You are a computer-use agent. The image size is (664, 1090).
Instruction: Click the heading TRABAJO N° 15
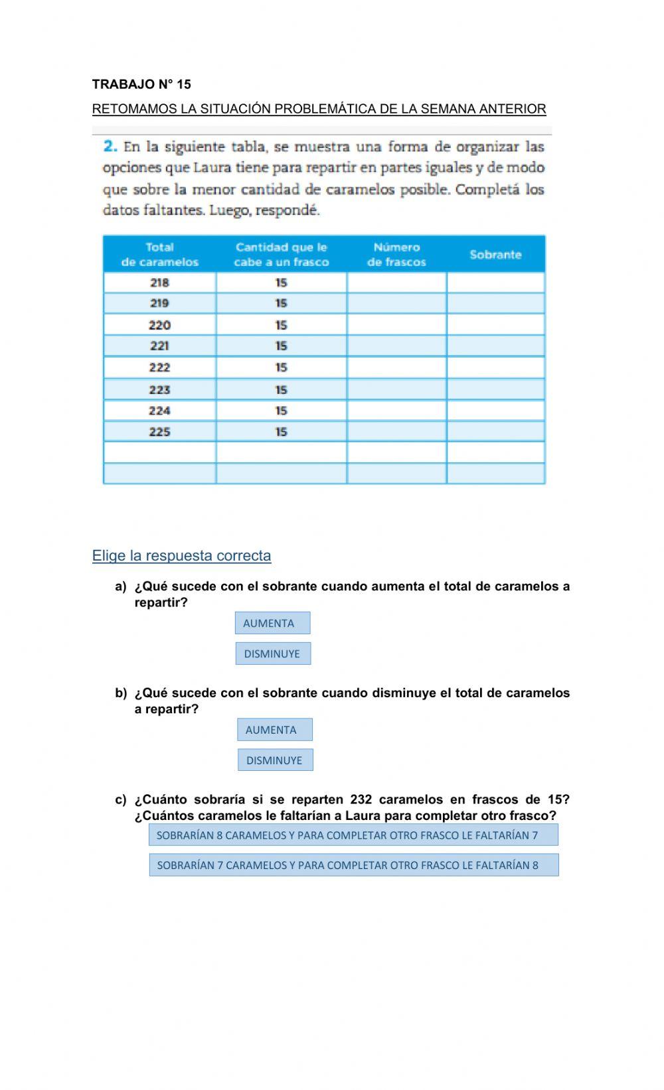tap(141, 84)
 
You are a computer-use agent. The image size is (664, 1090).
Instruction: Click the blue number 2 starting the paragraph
tap(110, 146)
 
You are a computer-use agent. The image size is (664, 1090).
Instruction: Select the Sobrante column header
tap(495, 255)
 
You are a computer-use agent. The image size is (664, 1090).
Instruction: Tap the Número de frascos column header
tap(396, 255)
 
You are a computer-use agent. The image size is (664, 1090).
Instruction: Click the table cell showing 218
tap(159, 283)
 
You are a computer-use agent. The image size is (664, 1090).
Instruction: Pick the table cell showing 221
tap(159, 346)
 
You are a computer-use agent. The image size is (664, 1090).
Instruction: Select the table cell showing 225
tap(159, 432)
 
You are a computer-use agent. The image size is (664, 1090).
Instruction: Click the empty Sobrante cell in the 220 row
tap(495, 325)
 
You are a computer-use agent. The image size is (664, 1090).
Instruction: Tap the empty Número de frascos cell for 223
tap(396, 389)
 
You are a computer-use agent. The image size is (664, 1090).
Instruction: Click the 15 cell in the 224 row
tap(281, 411)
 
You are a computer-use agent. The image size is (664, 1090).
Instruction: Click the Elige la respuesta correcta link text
tap(181, 556)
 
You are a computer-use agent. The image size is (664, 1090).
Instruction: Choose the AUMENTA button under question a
tap(272, 623)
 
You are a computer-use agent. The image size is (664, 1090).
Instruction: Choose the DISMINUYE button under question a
tap(273, 653)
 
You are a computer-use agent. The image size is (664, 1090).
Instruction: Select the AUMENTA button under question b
tap(274, 730)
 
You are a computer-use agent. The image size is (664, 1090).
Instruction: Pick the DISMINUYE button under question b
tap(275, 760)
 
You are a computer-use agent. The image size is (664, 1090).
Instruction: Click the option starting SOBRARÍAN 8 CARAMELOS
tap(353, 835)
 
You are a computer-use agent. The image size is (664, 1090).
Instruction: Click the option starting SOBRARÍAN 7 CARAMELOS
tap(353, 865)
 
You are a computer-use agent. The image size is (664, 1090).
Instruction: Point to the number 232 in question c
tap(361, 799)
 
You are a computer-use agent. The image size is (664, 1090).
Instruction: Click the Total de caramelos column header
tap(159, 255)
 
